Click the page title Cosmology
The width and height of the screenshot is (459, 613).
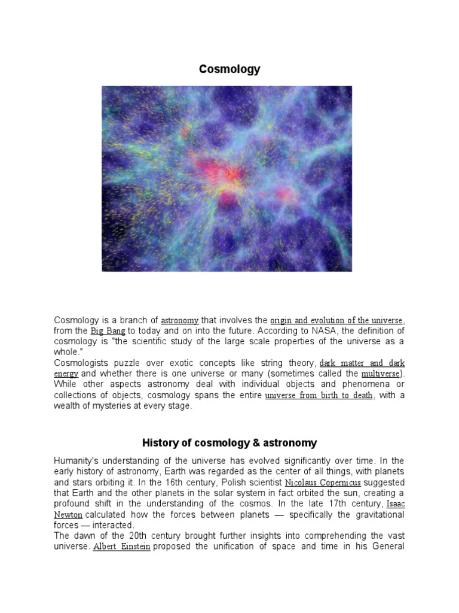click(x=229, y=69)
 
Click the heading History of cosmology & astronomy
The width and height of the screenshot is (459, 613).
click(x=229, y=443)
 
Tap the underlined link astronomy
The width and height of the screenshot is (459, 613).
click(x=180, y=321)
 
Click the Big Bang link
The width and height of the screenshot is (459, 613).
click(x=108, y=331)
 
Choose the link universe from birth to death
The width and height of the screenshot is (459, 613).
click(x=319, y=396)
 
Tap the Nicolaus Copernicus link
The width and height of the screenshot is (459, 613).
click(x=323, y=482)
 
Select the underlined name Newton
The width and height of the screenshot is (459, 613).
click(x=69, y=515)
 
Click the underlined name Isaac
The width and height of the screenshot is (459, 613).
click(x=396, y=505)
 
